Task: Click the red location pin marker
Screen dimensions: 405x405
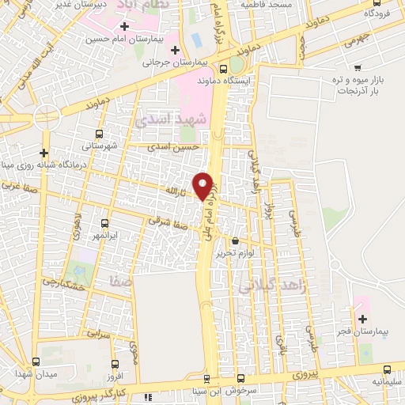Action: tap(203, 184)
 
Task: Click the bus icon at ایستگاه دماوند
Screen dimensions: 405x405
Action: tap(225, 68)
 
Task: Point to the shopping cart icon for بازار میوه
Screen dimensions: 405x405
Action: tap(358, 67)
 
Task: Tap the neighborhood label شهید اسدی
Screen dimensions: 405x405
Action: tap(170, 119)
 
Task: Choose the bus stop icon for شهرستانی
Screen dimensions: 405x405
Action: tap(98, 134)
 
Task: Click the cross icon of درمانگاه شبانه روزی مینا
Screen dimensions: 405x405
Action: tap(44, 153)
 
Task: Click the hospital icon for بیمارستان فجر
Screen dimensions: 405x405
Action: tap(363, 319)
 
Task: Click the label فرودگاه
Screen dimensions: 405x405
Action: tap(379, 14)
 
